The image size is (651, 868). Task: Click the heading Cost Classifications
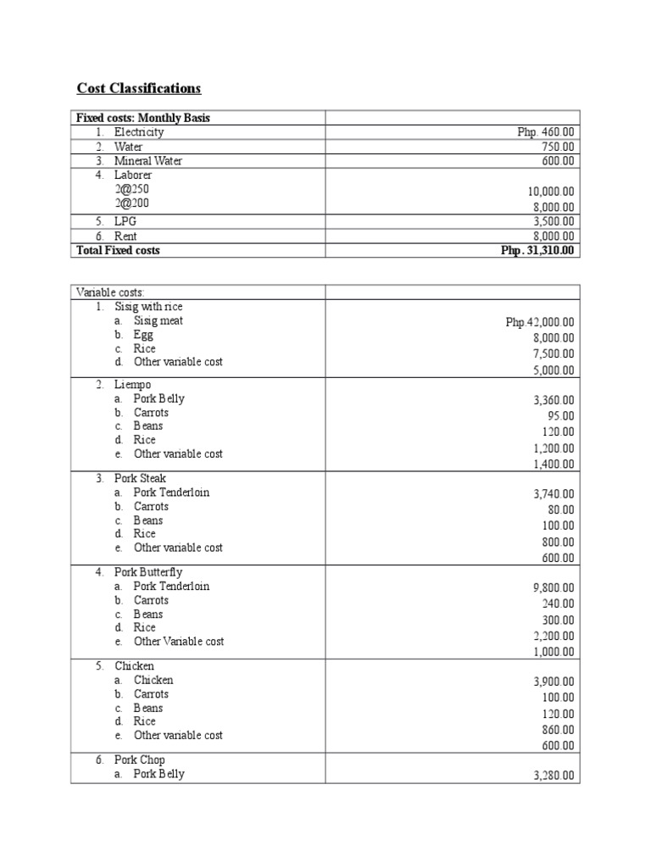[x=139, y=88]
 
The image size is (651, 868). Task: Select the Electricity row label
[x=139, y=132]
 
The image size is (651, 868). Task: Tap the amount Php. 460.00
[x=546, y=132]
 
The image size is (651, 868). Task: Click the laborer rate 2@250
[x=132, y=189]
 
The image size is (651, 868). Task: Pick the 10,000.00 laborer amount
[x=550, y=192]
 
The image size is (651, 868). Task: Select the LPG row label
[x=125, y=221]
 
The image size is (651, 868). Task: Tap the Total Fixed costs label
[x=118, y=250]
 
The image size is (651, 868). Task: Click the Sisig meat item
[x=158, y=320]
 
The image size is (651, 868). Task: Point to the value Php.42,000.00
[x=540, y=322]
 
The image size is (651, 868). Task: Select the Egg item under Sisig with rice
[x=143, y=335]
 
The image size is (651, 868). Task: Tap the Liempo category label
[x=133, y=385]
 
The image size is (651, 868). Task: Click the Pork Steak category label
[x=141, y=478]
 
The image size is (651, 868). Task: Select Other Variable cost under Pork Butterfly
[x=179, y=642]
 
